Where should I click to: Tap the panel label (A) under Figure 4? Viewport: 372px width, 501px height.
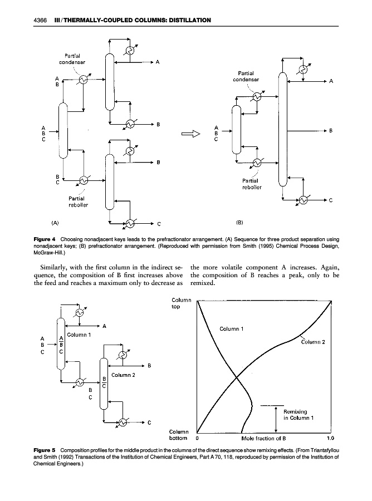pos(55,223)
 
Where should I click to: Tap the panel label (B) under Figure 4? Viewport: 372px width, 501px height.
pos(241,223)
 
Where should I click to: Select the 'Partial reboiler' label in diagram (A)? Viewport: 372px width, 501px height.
pos(78,201)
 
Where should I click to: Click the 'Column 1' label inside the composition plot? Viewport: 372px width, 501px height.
pos(232,328)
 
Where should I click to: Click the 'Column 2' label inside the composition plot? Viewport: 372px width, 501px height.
pos(316,342)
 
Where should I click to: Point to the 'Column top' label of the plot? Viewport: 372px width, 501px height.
pos(182,303)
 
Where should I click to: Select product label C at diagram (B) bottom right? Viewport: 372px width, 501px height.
pos(331,200)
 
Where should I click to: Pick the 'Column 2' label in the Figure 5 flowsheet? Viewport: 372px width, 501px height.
pos(124,374)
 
